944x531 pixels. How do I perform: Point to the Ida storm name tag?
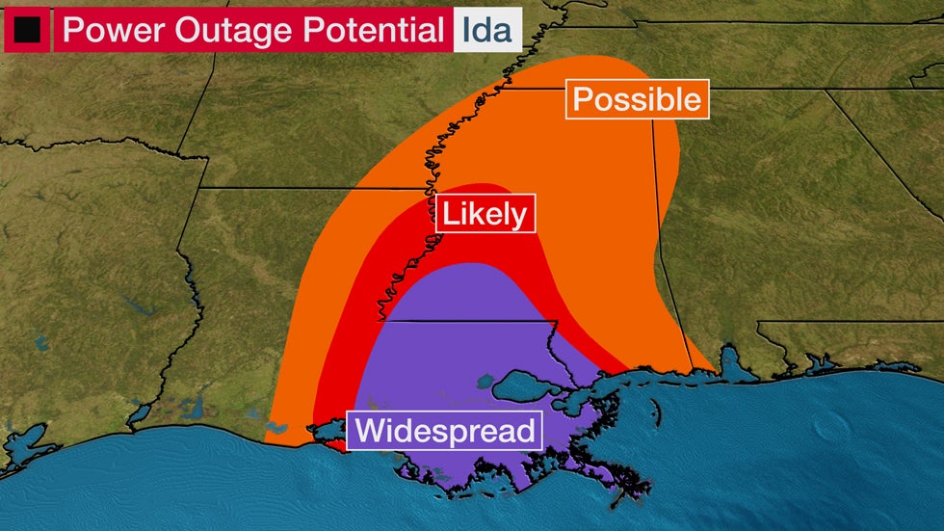point(487,30)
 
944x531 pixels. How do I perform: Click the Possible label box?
point(638,99)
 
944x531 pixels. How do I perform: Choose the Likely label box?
point(485,214)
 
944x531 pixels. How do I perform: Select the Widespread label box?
point(445,430)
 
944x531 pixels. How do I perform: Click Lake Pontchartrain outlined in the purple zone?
point(527,387)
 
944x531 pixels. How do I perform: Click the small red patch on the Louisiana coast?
point(332,442)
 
